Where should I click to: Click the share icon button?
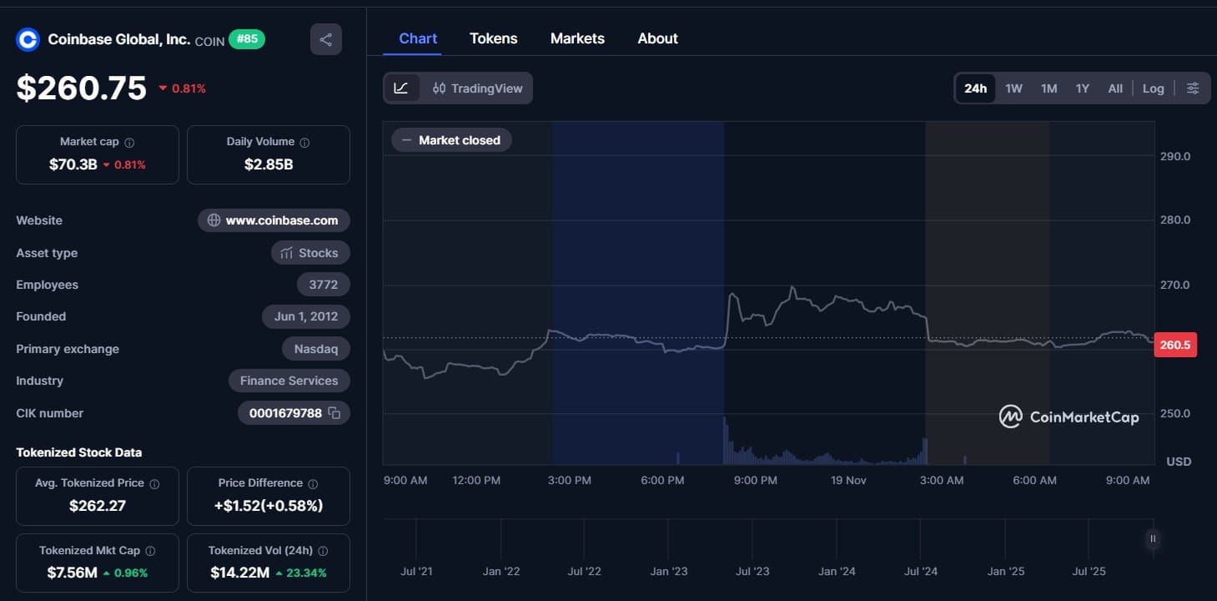(x=325, y=39)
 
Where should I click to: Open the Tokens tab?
(x=493, y=38)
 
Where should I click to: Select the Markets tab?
(x=577, y=38)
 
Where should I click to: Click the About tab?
(x=657, y=38)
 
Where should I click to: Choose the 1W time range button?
(x=1013, y=88)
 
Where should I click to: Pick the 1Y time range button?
(x=1082, y=88)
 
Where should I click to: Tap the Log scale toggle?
(x=1153, y=88)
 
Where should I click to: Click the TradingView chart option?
(x=478, y=88)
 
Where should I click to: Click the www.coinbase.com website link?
(x=274, y=220)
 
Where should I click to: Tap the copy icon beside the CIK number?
(x=334, y=413)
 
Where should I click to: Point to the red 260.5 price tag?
(x=1174, y=345)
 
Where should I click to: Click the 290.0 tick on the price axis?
(x=1174, y=156)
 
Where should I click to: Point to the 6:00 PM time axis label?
(x=663, y=480)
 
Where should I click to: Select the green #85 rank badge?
(x=246, y=38)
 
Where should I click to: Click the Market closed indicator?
(x=451, y=140)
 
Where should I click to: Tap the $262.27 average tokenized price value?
(x=97, y=505)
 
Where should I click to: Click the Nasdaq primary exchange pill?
(x=315, y=349)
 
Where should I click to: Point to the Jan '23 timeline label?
(x=669, y=572)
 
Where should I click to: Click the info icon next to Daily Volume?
(x=304, y=143)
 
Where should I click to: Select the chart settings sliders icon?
(x=1193, y=88)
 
